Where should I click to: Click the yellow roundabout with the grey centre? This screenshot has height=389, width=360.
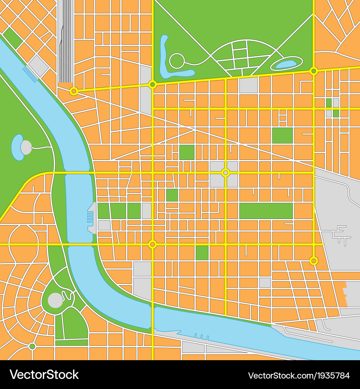point(225,173)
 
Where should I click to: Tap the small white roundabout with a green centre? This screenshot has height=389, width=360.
point(32,346)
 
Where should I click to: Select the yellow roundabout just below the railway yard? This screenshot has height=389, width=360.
point(74,91)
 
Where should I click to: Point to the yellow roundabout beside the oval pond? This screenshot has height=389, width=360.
point(314,71)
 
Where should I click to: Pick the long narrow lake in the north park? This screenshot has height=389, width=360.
point(169,61)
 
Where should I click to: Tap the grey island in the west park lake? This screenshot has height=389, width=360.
point(26,147)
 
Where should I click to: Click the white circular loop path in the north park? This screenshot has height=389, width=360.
point(177,61)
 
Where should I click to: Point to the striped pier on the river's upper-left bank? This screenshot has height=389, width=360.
point(30,73)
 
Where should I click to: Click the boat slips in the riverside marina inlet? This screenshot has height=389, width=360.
point(90,217)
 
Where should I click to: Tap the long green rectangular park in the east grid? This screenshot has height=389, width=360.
point(266,211)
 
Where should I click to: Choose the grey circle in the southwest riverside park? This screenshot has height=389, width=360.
point(55,300)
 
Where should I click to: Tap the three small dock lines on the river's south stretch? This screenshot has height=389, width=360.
point(201,337)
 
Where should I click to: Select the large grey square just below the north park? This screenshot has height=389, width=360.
point(248,85)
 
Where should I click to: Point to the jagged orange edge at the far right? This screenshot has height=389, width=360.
point(345,292)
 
